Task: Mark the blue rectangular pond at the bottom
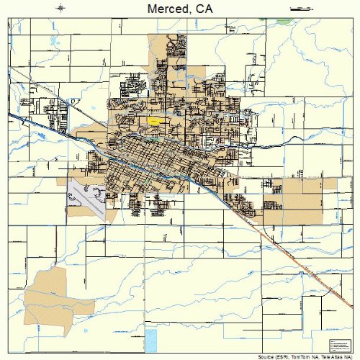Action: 150,338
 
